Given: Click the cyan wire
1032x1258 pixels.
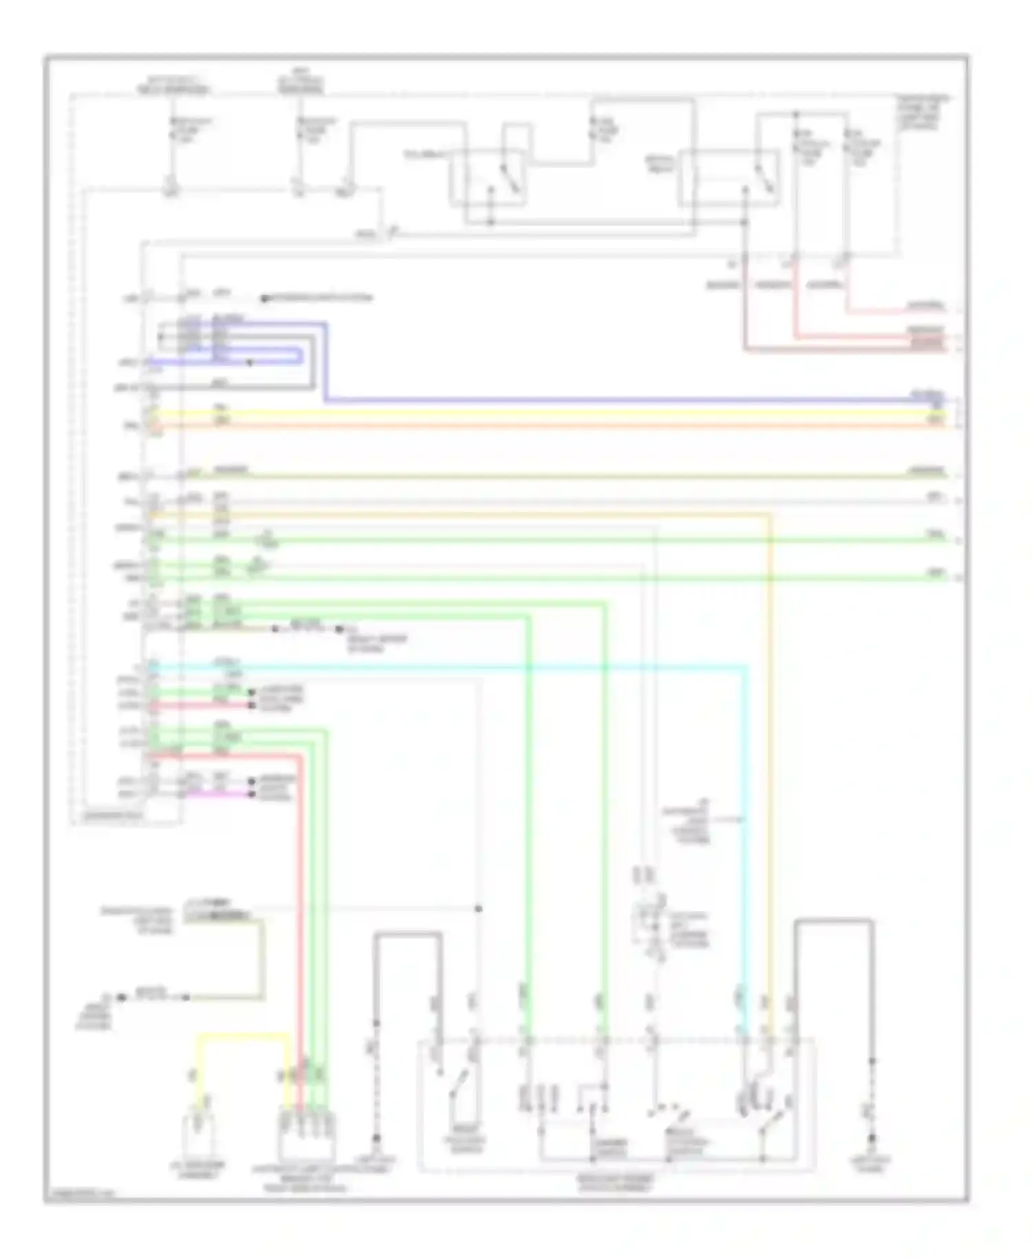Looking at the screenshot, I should click(482, 666).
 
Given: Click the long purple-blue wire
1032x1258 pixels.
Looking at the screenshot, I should click(619, 400).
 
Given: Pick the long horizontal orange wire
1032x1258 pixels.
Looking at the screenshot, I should click(550, 427).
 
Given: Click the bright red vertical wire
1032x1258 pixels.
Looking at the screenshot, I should click(301, 895).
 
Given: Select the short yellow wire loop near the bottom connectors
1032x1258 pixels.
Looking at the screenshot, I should click(241, 1034).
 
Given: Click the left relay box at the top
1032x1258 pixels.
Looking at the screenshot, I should click(489, 175).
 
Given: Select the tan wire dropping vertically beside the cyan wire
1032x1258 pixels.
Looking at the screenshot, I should click(770, 757).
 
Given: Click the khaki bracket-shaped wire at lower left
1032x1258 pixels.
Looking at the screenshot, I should click(261, 963).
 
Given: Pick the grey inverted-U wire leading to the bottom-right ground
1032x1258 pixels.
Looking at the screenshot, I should click(832, 920).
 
